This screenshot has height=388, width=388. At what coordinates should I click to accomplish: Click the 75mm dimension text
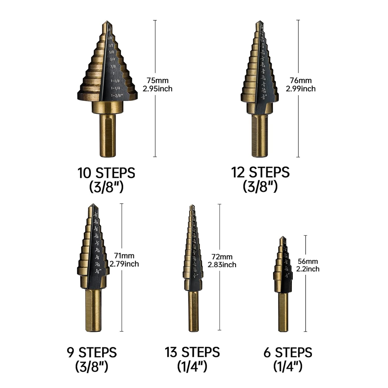click(157, 80)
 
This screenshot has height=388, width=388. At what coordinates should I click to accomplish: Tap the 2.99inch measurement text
click(301, 89)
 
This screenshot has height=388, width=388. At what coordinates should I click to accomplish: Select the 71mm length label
click(124, 256)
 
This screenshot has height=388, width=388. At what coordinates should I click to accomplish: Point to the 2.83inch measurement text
click(222, 265)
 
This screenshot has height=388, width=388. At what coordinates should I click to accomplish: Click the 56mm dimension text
click(308, 261)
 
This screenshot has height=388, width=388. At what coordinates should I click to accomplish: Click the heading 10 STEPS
click(106, 173)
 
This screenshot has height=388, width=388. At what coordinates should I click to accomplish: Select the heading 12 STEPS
click(260, 173)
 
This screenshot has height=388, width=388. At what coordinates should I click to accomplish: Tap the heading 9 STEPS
click(92, 353)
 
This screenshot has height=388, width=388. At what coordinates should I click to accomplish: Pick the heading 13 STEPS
click(192, 352)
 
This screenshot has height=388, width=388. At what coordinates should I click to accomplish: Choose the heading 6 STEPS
click(288, 353)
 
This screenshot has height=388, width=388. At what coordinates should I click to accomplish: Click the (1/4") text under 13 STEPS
click(192, 367)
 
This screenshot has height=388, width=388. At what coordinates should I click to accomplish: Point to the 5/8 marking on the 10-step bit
click(111, 52)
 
